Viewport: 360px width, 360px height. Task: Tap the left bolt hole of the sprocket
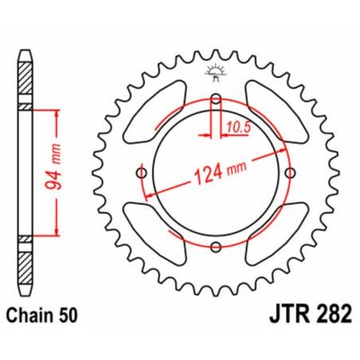click(143, 174)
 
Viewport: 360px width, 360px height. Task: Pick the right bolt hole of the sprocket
click(292, 174)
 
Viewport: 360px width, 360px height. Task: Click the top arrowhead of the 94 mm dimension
click(57, 114)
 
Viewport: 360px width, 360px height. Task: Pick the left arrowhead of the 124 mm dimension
click(146, 196)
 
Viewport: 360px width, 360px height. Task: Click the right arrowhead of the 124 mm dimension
click(289, 151)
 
